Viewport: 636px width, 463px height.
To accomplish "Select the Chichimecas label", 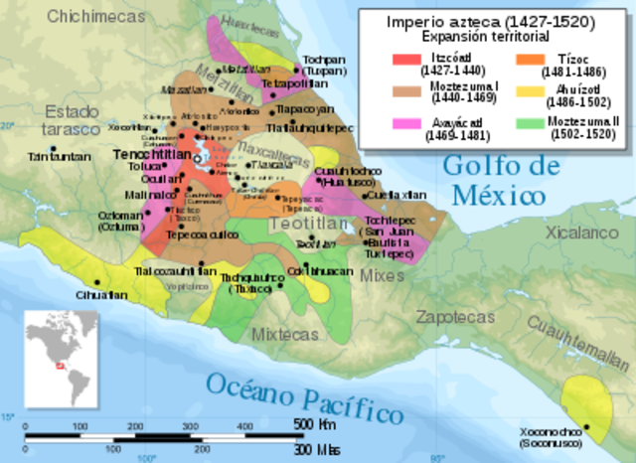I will pyautogui.click(x=61, y=16).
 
